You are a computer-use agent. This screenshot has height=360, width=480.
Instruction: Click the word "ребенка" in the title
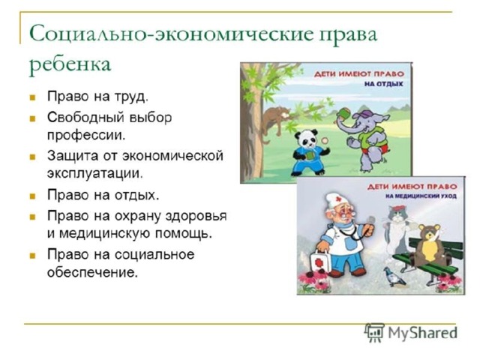click(70, 65)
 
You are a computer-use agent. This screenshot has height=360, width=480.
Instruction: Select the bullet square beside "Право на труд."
click(33, 98)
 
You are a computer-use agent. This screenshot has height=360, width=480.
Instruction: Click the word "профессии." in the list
click(86, 135)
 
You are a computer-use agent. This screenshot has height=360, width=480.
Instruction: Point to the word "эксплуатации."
click(95, 173)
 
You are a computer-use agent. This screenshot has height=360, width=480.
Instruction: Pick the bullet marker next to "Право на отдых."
click(33, 196)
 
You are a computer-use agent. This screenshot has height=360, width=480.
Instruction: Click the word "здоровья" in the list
click(196, 216)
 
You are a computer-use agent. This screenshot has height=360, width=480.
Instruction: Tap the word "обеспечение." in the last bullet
click(92, 271)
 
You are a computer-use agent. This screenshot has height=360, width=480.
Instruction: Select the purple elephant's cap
click(362, 115)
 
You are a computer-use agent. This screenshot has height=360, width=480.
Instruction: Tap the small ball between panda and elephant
click(325, 140)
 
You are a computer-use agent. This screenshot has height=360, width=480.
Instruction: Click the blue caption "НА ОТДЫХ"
click(384, 84)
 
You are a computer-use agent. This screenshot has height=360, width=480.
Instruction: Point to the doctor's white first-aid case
click(320, 262)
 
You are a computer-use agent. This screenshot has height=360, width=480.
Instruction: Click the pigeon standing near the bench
click(395, 277)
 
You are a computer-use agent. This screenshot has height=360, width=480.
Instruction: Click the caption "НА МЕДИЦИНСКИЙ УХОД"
click(421, 196)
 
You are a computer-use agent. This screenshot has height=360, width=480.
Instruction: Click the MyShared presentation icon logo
click(374, 332)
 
